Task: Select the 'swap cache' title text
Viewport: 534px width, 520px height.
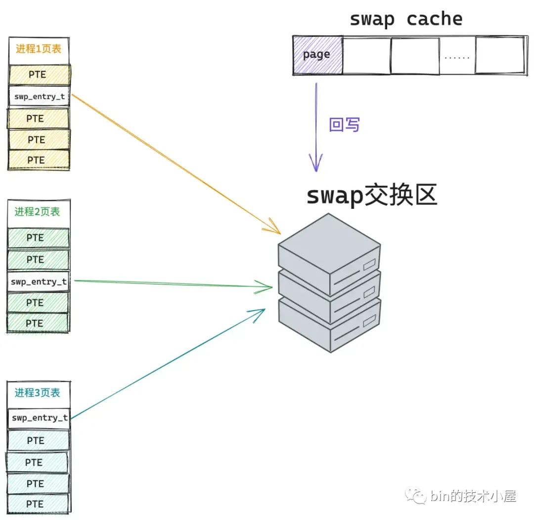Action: (406, 19)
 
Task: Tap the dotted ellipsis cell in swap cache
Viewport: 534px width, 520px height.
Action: (457, 56)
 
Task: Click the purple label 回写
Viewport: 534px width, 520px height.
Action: (344, 125)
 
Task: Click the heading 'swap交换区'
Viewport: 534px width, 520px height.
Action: (372, 196)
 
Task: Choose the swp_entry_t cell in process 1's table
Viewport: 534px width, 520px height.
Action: (39, 97)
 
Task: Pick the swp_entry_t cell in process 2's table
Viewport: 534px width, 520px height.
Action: (39, 281)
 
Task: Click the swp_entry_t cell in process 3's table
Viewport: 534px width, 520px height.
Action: (39, 418)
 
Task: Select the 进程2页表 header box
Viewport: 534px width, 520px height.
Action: (38, 212)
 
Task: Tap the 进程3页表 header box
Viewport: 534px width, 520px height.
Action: (38, 393)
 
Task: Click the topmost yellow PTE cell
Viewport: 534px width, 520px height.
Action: (38, 75)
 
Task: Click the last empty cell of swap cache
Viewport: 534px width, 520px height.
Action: (499, 56)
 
